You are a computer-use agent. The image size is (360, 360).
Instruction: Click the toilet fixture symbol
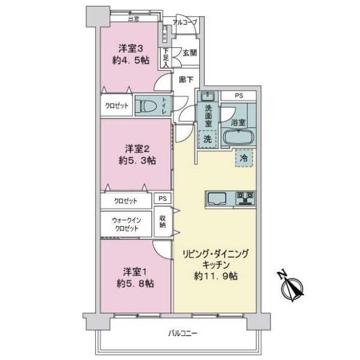(x=146, y=106)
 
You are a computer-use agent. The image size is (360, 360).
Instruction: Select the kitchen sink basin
(x=217, y=198)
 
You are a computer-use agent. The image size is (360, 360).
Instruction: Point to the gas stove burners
(x=245, y=198)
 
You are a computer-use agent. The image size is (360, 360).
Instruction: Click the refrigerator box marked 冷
(x=244, y=158)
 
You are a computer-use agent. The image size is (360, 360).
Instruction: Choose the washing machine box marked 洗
(x=208, y=139)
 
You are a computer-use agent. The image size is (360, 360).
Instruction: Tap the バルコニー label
(x=183, y=333)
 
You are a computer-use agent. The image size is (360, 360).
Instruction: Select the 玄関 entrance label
(x=190, y=53)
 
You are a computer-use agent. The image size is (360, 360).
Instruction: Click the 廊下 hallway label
(x=186, y=80)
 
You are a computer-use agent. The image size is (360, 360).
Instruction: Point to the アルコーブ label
(x=185, y=22)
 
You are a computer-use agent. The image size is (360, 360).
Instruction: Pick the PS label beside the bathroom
(x=239, y=95)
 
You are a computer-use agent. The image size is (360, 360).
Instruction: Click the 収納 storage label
(x=163, y=221)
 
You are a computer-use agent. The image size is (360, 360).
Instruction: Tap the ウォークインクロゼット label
(x=127, y=224)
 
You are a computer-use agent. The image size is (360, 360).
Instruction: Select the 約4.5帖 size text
(x=131, y=61)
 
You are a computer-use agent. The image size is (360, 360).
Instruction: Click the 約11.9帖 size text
(x=216, y=276)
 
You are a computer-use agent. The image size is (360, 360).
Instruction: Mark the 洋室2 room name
(x=137, y=149)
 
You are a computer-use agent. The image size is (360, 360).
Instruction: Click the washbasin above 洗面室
(x=208, y=96)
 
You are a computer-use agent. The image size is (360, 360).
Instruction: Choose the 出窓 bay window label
(x=134, y=19)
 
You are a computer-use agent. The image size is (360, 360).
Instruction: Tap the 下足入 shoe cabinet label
(x=166, y=58)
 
